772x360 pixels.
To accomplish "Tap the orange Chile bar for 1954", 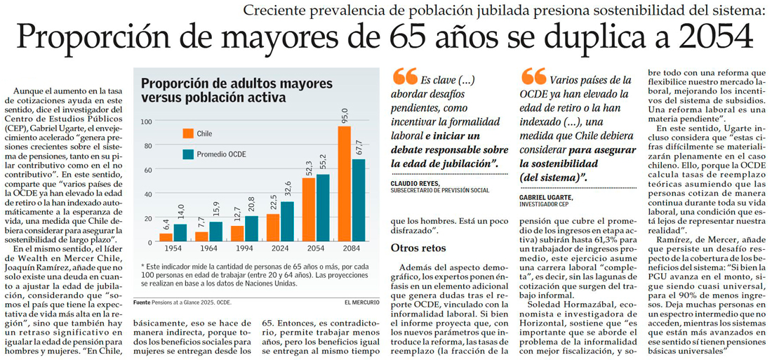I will click(x=166, y=238).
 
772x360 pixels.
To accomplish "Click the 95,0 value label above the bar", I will click(x=345, y=115).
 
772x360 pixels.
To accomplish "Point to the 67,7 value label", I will click(x=359, y=148).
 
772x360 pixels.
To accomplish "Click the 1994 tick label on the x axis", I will click(x=244, y=249).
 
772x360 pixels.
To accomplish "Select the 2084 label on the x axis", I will click(x=352, y=249).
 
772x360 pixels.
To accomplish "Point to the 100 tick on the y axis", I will click(x=145, y=121).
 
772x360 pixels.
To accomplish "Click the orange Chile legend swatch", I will click(x=188, y=133).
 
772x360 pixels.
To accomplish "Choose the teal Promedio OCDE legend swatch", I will click(x=188, y=154).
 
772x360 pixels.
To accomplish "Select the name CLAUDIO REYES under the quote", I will click(x=415, y=183).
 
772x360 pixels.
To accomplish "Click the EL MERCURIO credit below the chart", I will click(x=362, y=302).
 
